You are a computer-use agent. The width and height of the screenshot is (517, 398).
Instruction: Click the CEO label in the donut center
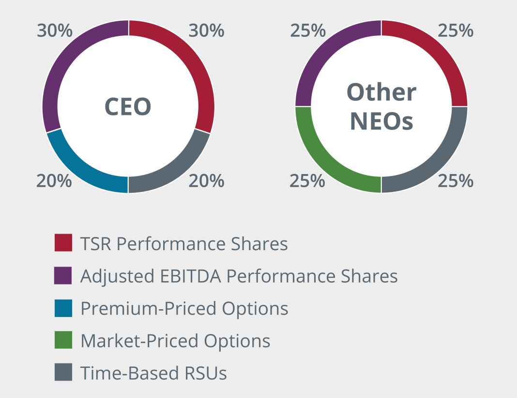[128, 107]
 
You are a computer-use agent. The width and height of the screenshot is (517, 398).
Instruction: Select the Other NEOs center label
[381, 107]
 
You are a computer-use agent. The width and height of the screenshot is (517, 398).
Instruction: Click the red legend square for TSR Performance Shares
[63, 243]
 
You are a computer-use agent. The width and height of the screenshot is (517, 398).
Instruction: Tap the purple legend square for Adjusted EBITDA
[63, 275]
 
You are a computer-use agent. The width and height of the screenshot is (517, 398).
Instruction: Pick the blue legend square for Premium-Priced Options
[63, 308]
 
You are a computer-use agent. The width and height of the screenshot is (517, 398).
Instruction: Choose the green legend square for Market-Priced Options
[63, 340]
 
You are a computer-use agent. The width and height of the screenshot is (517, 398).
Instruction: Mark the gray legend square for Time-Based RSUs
[63, 372]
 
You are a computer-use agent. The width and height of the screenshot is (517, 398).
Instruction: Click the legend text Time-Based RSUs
[153, 373]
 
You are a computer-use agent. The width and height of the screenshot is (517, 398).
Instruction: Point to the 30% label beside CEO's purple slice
[55, 31]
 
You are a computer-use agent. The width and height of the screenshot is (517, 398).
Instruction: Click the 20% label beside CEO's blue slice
[54, 181]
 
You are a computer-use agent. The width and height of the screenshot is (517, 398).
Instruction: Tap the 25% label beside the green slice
[307, 181]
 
